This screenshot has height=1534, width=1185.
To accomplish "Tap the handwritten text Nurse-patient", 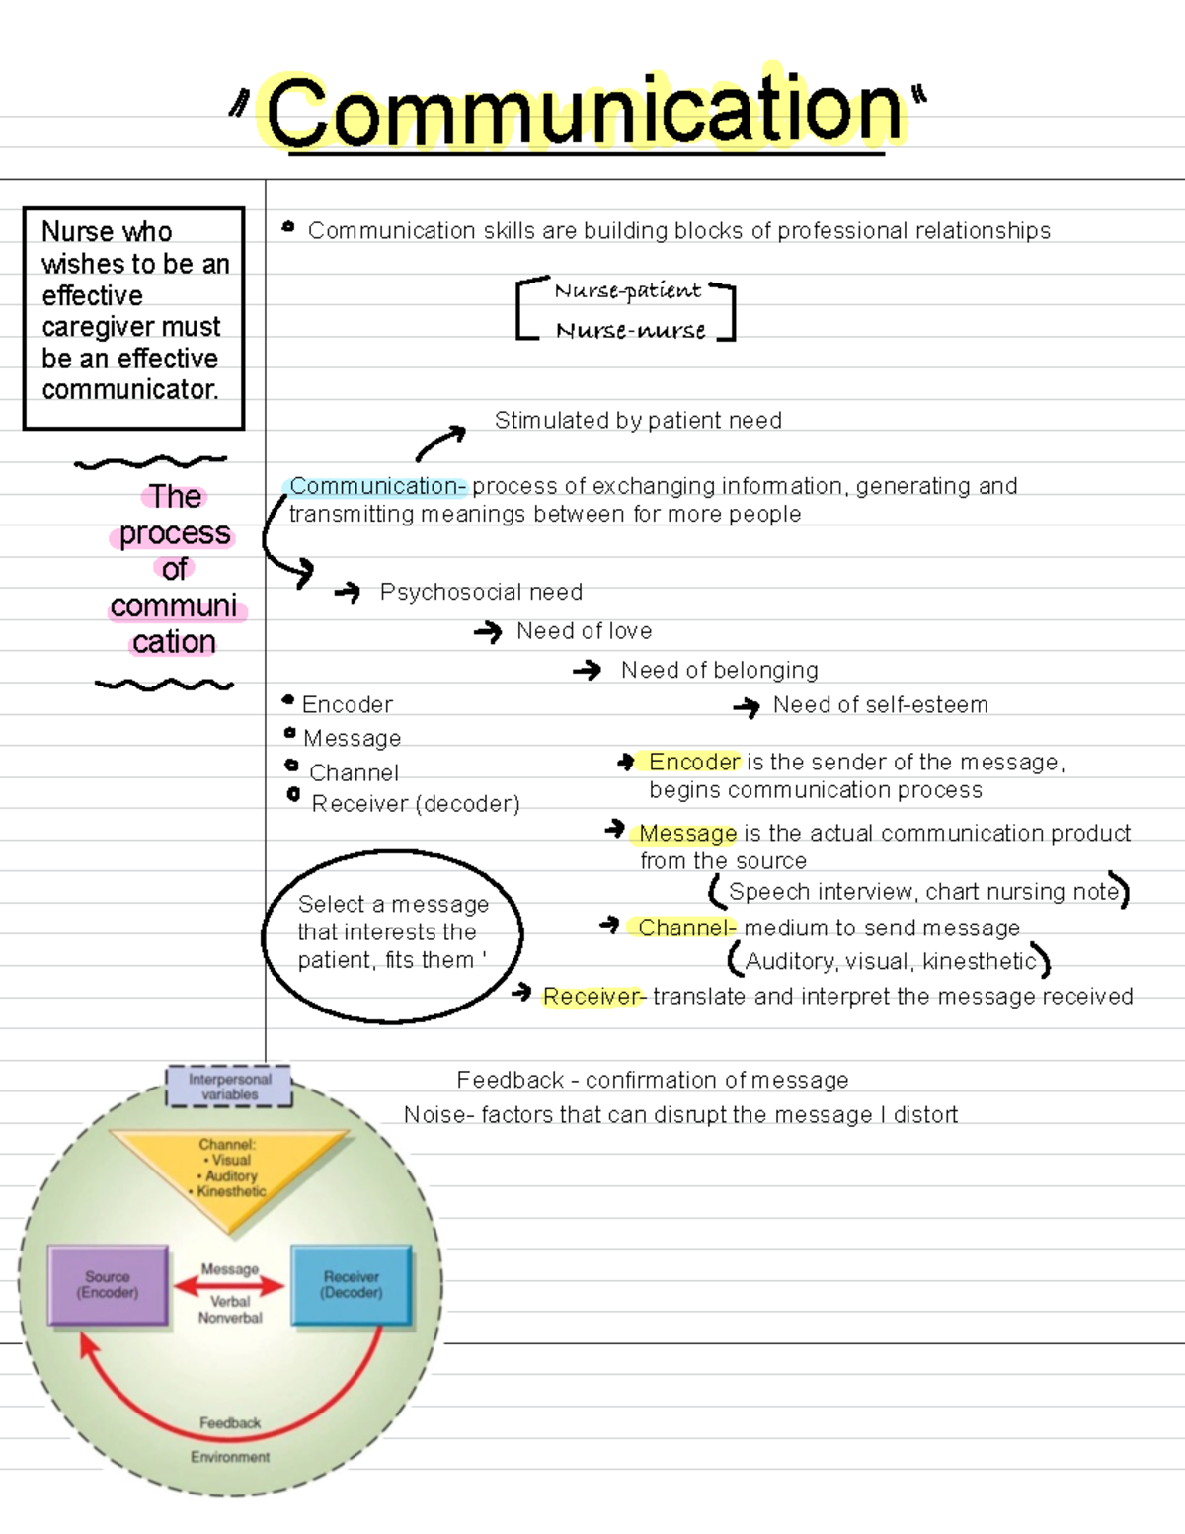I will click(x=627, y=290).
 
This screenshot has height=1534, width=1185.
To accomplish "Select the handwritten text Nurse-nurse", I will click(x=630, y=331).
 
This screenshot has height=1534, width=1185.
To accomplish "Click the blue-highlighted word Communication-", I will click(x=375, y=486).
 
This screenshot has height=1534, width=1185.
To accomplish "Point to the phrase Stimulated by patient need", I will click(x=638, y=421).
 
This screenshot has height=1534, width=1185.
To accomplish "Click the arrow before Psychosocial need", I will click(x=348, y=592).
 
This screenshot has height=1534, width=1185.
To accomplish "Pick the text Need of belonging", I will click(x=719, y=671).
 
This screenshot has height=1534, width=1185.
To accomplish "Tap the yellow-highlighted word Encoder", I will click(x=693, y=762).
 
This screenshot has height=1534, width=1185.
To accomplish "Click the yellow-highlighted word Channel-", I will click(x=685, y=928).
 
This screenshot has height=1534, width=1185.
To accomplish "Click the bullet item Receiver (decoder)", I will click(x=415, y=804).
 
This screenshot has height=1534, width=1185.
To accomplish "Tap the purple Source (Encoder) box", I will click(x=109, y=1285).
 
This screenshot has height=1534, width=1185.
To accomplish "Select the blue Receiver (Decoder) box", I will click(x=352, y=1285).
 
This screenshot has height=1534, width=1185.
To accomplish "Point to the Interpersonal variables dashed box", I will click(x=229, y=1087).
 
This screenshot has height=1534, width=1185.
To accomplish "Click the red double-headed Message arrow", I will click(x=229, y=1285).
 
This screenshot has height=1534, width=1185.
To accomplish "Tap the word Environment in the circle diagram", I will click(x=229, y=1457).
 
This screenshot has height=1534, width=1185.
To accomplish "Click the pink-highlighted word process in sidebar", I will click(x=174, y=534).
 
